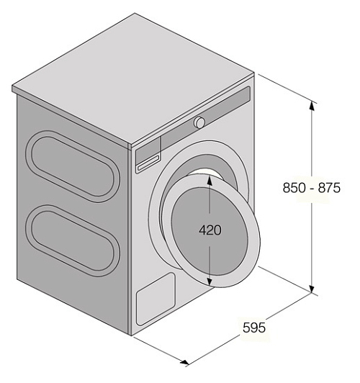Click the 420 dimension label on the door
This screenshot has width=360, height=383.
(210, 230)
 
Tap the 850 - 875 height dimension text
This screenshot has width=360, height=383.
(311, 188)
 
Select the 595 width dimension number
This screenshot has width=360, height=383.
(254, 328)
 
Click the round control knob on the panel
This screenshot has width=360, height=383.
(199, 122)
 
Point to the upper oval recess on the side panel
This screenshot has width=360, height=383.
(73, 166)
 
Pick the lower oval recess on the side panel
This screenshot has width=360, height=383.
(73, 241)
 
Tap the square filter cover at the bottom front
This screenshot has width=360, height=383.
(156, 299)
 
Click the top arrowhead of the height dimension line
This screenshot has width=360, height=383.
(312, 106)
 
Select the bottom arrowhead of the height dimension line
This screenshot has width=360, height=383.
(312, 288)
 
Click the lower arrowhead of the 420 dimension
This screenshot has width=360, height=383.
(210, 281)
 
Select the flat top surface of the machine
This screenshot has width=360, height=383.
(133, 78)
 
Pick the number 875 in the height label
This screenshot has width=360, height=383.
(329, 188)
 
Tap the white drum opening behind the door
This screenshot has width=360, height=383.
(207, 172)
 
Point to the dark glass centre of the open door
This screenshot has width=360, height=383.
(210, 231)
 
